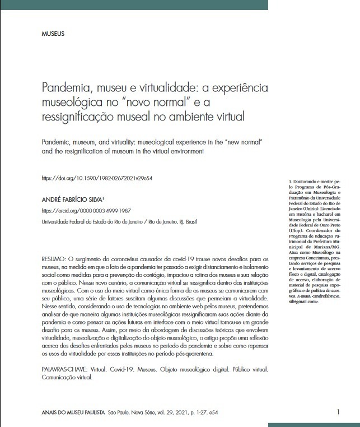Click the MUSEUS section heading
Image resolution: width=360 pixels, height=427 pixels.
[53, 34]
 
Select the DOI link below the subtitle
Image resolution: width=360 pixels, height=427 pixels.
[97, 178]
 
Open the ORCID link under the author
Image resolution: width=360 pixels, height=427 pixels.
[86, 211]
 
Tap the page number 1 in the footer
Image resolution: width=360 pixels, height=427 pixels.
[339, 412]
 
